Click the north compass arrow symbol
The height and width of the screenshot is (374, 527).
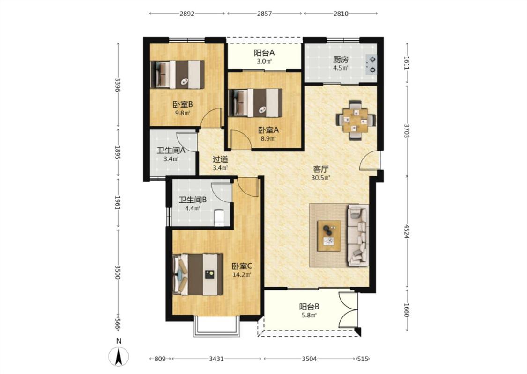click(119, 356)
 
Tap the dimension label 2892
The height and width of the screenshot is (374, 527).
click(187, 14)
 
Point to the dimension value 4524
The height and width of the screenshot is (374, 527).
click(407, 231)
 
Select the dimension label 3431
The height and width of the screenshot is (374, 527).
click(216, 359)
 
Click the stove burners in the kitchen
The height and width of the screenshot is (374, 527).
click(372, 65)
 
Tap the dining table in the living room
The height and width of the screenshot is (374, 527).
click(356, 120)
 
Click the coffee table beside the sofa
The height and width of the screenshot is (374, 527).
click(329, 236)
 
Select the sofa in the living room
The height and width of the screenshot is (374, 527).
click(358, 235)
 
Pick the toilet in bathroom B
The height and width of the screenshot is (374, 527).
click(219, 217)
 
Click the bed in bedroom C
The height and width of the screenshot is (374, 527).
click(198, 274)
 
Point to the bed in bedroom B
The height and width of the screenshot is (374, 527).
click(177, 74)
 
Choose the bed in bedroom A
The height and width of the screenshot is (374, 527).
click(255, 103)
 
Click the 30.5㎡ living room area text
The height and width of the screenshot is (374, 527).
click(320, 178)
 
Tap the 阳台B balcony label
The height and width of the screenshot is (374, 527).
click(309, 307)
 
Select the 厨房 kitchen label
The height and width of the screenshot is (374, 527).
click(341, 60)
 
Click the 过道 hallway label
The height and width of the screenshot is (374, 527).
click(220, 160)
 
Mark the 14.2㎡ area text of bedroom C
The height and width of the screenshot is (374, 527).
click(242, 275)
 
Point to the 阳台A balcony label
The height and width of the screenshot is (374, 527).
click(264, 53)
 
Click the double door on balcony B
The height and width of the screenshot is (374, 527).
click(349, 309)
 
